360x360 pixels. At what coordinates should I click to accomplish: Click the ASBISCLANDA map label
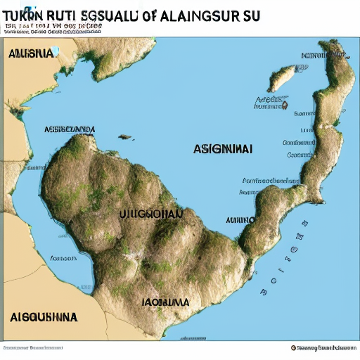pyautogui.click(x=70, y=129)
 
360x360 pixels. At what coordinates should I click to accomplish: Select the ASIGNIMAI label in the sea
pyautogui.click(x=223, y=149)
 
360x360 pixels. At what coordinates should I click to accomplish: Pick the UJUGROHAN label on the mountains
pyautogui.click(x=150, y=214)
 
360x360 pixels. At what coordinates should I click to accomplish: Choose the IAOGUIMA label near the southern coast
pyautogui.click(x=165, y=302)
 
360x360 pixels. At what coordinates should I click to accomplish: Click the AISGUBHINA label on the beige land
pyautogui.click(x=44, y=316)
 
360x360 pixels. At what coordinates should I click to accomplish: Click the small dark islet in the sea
pyautogui.click(x=126, y=137)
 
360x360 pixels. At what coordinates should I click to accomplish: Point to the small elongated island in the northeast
pyautogui.click(x=281, y=78)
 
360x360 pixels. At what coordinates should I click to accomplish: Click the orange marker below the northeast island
pyautogui.click(x=285, y=104)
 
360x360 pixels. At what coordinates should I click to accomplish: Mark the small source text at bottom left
pyautogui.click(x=32, y=348)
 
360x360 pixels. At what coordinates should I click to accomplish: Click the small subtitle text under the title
pyautogui.click(x=53, y=28)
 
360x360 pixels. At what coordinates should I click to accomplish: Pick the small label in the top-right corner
pyautogui.click(x=320, y=56)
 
